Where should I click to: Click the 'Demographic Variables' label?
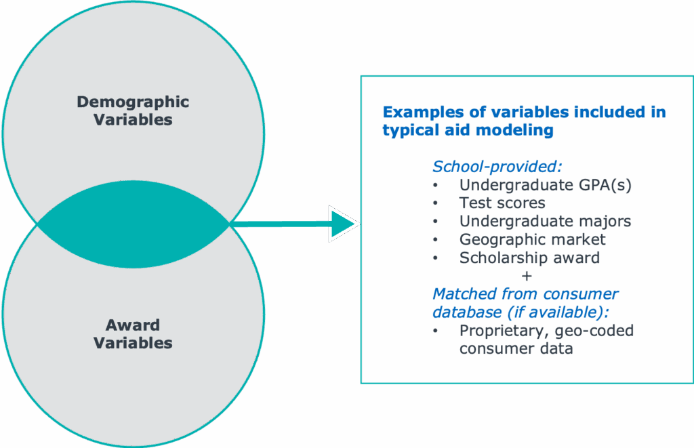click(133, 110)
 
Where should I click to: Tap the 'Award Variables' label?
click(133, 333)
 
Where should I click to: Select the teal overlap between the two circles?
click(134, 223)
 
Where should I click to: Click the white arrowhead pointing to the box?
click(343, 224)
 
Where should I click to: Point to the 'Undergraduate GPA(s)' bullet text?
click(545, 184)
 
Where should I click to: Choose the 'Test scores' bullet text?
click(502, 203)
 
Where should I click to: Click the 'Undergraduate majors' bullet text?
click(545, 221)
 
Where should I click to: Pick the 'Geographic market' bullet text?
click(532, 239)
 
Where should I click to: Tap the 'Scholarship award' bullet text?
click(529, 258)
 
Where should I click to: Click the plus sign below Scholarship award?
click(527, 276)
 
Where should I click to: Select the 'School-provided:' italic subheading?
click(497, 166)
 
